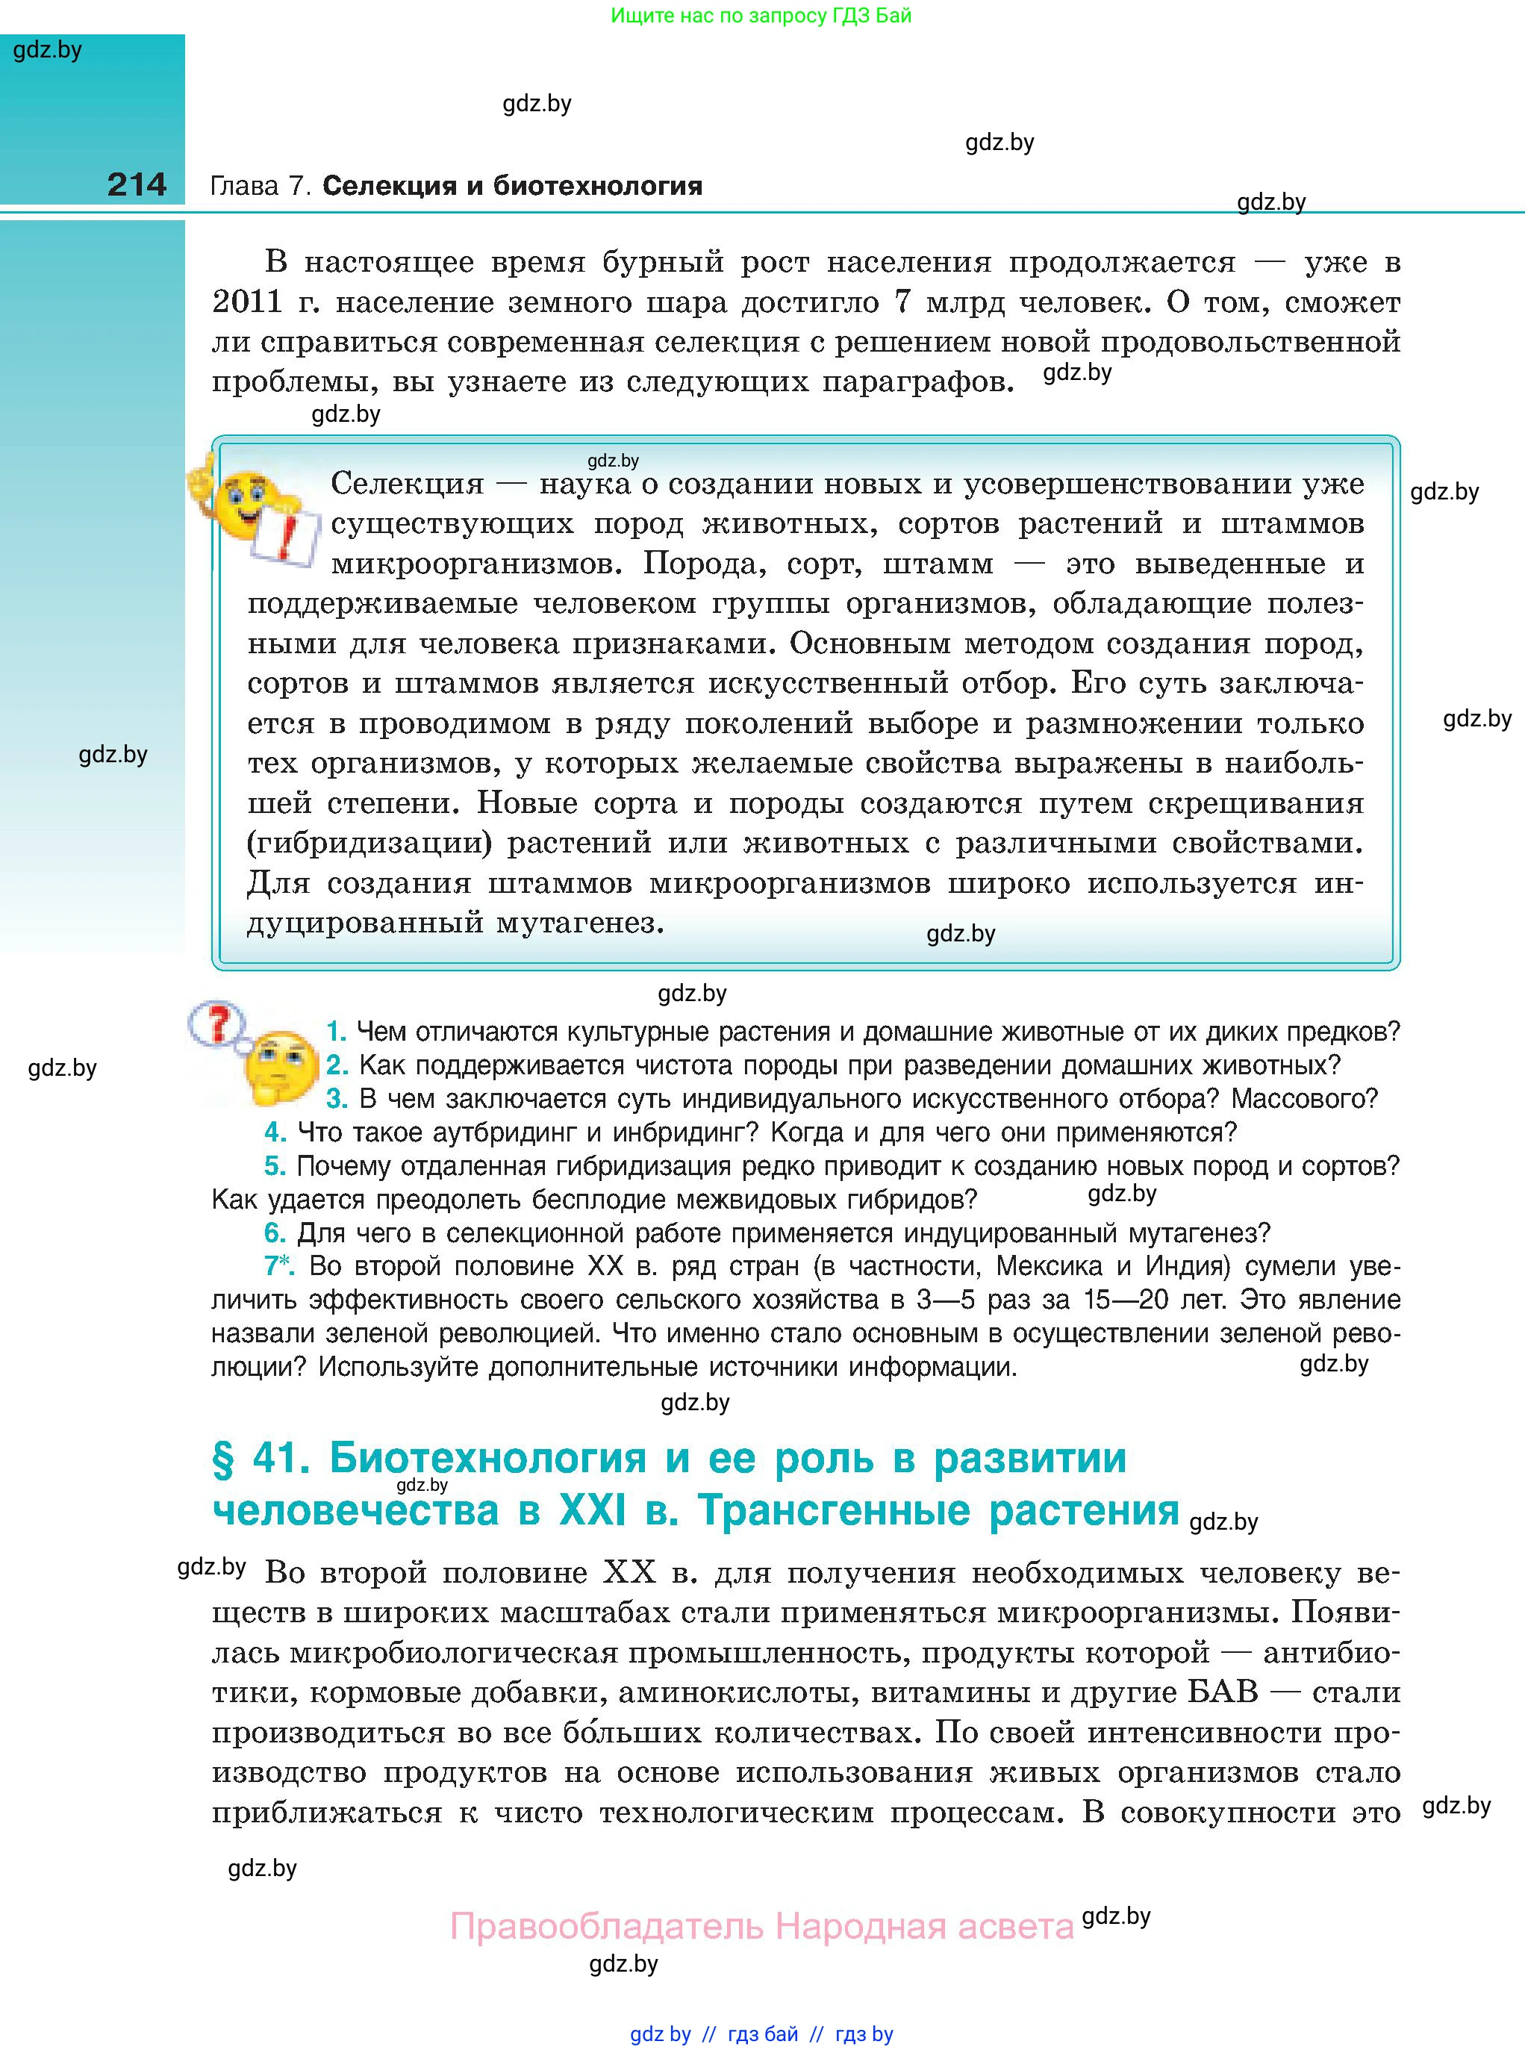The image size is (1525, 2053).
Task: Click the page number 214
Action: click(x=137, y=184)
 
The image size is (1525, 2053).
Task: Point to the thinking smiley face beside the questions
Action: click(x=278, y=1066)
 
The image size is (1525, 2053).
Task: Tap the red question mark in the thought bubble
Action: click(x=219, y=1025)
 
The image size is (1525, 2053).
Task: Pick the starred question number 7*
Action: click(x=278, y=1265)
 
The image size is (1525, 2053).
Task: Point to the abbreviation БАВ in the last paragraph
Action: click(x=1222, y=1692)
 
